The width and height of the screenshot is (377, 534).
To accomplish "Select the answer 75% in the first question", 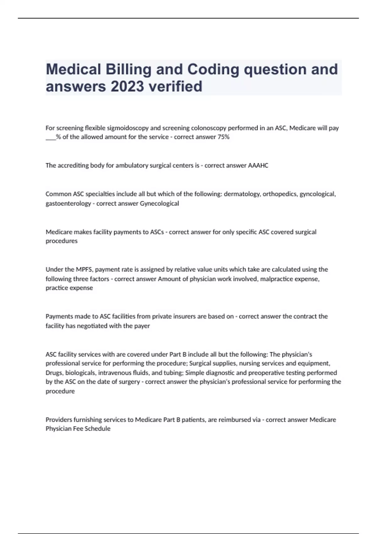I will click(223, 137).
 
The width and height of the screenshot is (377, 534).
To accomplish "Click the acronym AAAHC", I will click(258, 166).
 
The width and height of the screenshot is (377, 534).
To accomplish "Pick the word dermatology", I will click(242, 194).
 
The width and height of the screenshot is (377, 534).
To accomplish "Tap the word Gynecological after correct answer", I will click(159, 204).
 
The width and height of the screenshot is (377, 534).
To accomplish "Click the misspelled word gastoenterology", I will click(68, 204).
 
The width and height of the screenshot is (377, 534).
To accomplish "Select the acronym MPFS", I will click(84, 270).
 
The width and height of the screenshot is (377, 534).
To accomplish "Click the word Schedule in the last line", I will click(97, 429).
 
